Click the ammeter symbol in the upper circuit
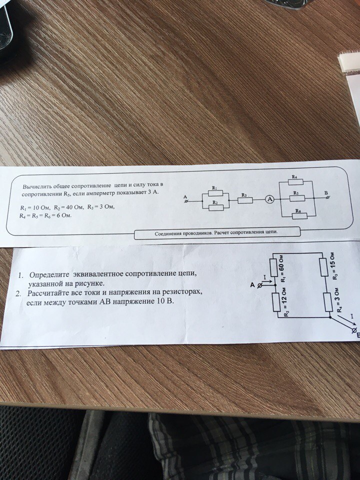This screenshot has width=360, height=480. click(x=269, y=199)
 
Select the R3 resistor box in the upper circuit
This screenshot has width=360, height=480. click(x=245, y=200)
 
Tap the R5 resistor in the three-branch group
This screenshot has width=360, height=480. click(x=297, y=198)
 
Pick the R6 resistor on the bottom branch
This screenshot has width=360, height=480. click(x=299, y=216)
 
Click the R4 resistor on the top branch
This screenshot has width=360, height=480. click(x=295, y=182)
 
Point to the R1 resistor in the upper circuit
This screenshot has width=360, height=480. click(x=215, y=193)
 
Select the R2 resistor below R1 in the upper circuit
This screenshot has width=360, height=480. click(x=216, y=208)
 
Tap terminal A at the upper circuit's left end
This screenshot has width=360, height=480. click(x=185, y=201)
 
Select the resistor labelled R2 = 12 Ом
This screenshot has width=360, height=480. click(x=275, y=302)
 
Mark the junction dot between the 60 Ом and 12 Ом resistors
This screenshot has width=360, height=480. click(x=275, y=284)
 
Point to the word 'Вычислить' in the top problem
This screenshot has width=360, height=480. click(x=37, y=186)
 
